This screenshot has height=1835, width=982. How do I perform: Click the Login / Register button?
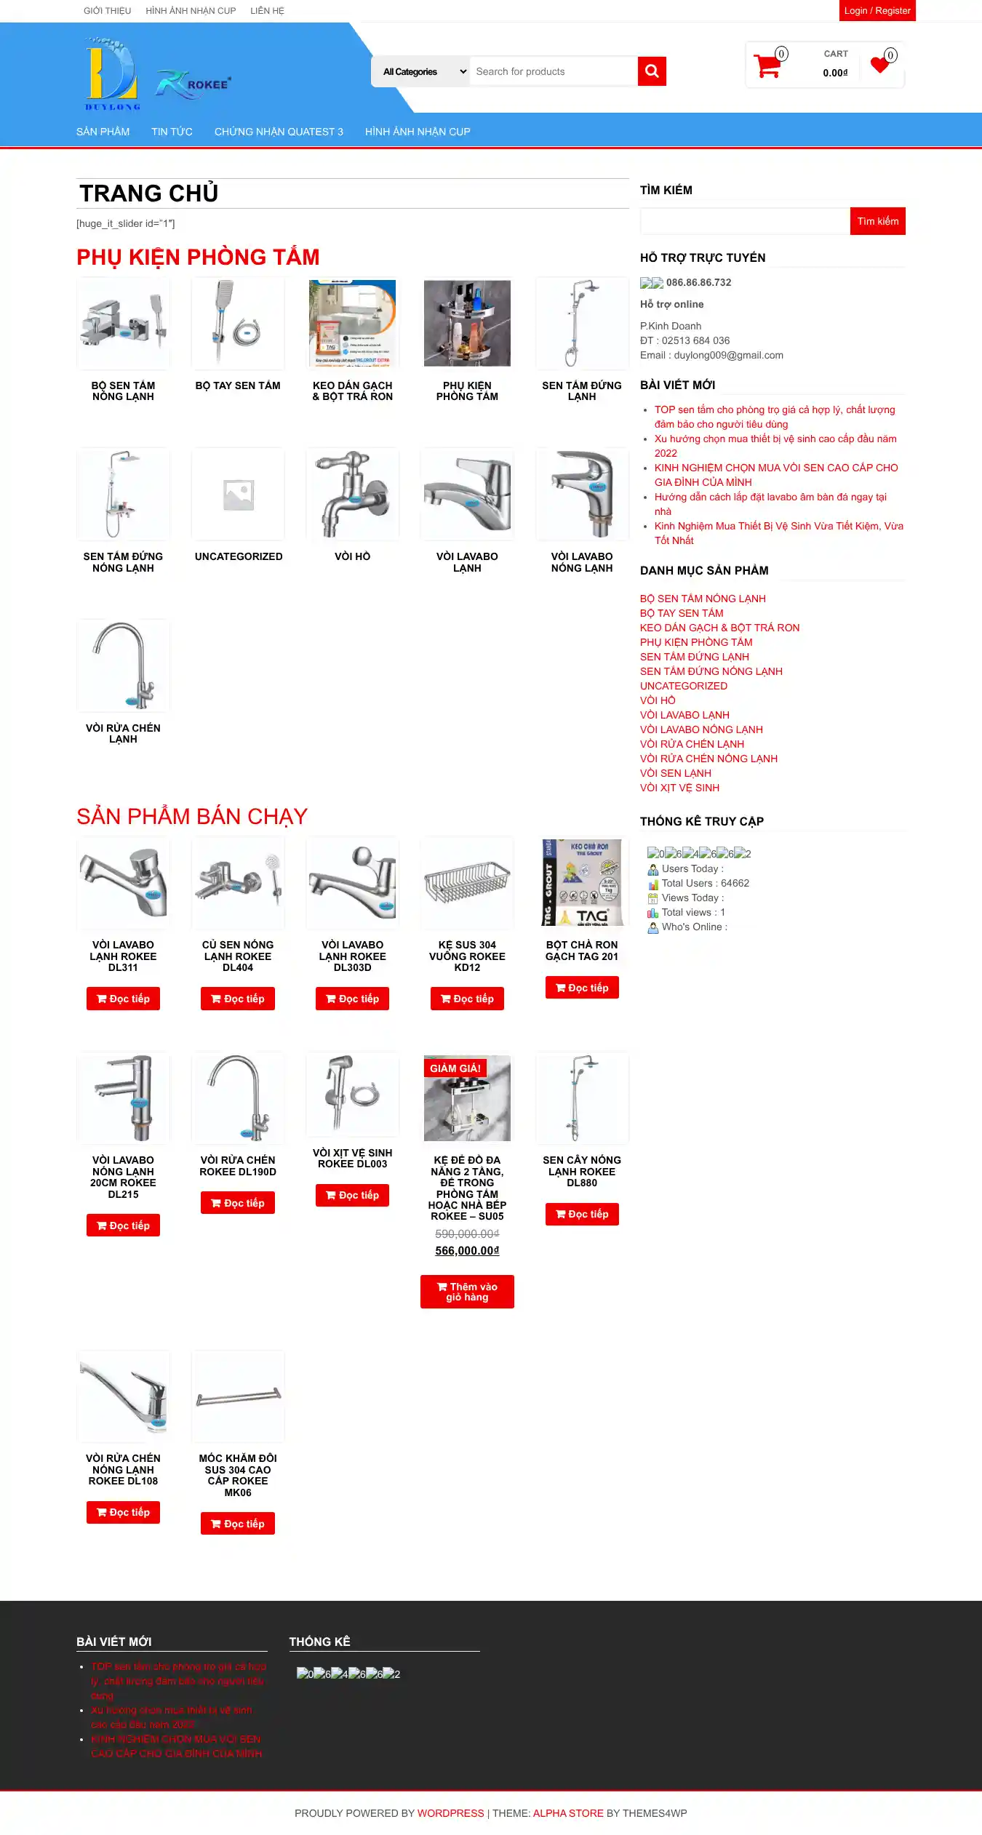(877, 11)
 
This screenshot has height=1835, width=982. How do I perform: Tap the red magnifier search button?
(652, 71)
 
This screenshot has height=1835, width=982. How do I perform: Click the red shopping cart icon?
(767, 66)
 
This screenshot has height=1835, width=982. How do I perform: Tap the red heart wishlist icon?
(880, 65)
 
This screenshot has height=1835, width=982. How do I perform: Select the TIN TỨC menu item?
(172, 132)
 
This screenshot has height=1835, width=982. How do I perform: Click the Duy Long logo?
(111, 74)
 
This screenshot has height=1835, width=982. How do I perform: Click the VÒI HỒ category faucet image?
(353, 495)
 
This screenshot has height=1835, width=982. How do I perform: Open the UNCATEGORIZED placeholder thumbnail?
(238, 495)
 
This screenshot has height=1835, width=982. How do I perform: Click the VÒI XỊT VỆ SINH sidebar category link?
(679, 788)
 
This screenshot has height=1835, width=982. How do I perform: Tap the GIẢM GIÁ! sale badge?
(455, 1068)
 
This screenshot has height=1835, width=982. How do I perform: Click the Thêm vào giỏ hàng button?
(467, 1292)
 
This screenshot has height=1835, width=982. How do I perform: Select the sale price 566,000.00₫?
(467, 1251)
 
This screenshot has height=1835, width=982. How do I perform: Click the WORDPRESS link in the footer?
(450, 1813)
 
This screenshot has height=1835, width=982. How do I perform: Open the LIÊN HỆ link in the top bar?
(267, 11)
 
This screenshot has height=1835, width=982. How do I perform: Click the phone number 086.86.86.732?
(698, 282)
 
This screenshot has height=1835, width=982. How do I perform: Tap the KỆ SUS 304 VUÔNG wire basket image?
(467, 881)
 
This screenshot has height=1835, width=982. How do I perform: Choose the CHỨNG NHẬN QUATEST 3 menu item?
(279, 132)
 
